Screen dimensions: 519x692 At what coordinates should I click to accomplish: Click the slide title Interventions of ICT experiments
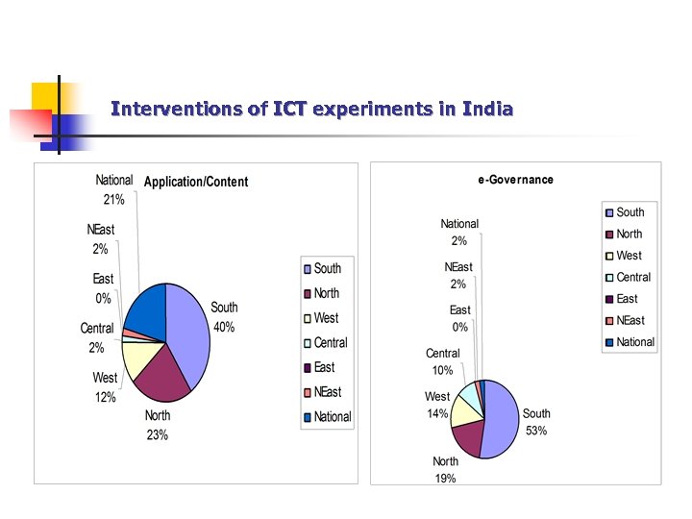[x=311, y=109]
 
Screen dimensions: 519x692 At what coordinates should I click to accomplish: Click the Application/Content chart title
[x=196, y=182]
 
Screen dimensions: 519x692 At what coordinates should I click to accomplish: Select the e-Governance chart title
[x=516, y=180]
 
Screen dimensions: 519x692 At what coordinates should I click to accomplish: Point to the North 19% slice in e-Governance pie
[x=467, y=438]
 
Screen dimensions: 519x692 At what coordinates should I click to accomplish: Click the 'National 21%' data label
[x=113, y=190]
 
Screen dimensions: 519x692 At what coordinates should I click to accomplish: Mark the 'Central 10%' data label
[x=442, y=361]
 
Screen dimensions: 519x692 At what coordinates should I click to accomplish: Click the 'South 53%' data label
[x=536, y=422]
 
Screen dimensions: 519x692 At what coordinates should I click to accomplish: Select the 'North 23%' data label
[x=158, y=425]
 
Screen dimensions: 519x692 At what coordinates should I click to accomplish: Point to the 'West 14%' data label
[x=437, y=404]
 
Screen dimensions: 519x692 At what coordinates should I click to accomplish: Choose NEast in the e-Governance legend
[x=630, y=320]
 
